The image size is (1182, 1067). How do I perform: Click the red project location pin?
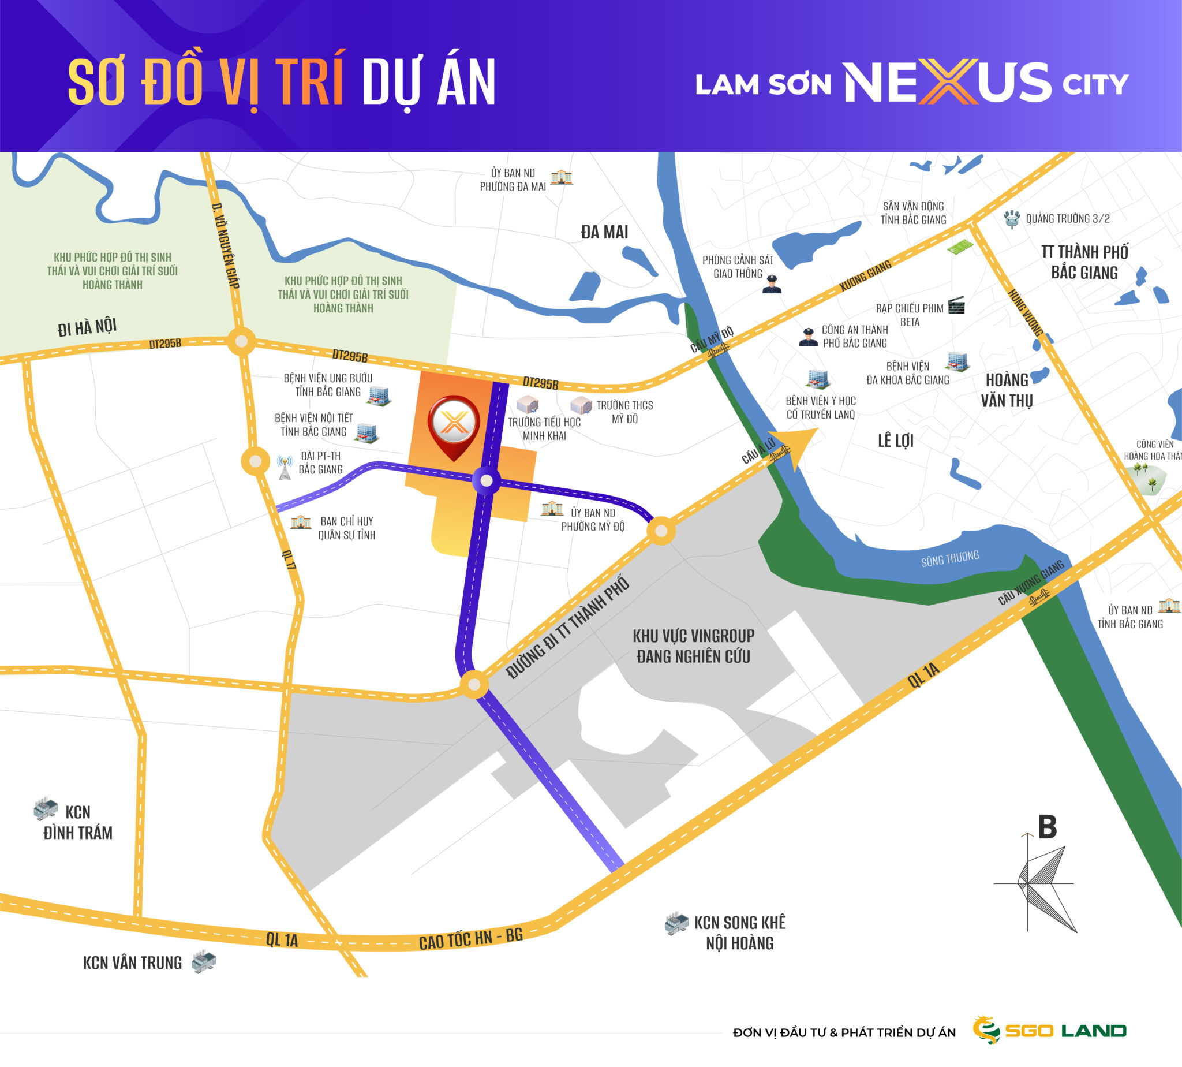tap(454, 424)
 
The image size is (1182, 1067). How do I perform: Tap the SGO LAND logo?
tap(1049, 1030)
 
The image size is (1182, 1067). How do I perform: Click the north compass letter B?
tap(1046, 827)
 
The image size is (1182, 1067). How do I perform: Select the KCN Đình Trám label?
tap(78, 822)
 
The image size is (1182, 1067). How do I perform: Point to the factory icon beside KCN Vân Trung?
tap(204, 962)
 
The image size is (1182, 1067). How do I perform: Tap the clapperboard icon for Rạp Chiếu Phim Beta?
tap(956, 305)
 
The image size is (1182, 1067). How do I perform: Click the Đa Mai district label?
tap(604, 232)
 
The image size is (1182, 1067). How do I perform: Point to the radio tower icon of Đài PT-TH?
tap(285, 467)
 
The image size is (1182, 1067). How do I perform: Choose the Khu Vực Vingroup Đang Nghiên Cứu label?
tap(693, 646)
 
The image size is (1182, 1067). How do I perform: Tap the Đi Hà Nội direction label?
tap(87, 327)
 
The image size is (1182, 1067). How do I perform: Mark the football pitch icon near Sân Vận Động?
tap(960, 247)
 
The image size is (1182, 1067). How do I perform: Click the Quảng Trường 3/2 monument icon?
tap(1012, 219)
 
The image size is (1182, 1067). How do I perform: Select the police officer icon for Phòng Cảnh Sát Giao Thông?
tap(772, 283)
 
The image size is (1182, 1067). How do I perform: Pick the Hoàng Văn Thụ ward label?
tap(1007, 390)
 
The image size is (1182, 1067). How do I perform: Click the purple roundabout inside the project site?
tap(487, 481)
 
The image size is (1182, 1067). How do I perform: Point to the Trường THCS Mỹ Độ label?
tap(624, 412)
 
